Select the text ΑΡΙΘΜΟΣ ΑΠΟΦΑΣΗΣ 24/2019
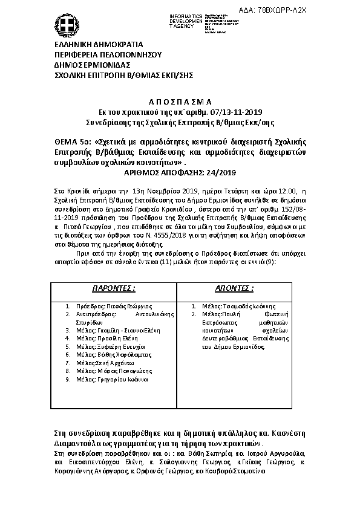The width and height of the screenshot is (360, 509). coord(180,172)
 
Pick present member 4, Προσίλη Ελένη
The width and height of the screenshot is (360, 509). coord(108,339)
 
